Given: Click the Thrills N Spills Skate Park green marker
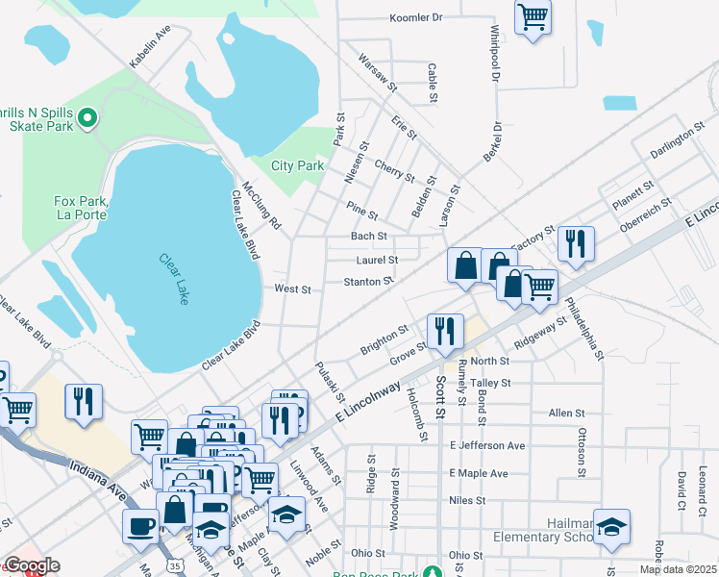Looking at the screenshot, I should pyautogui.click(x=87, y=117).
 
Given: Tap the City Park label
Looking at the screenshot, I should pyautogui.click(x=297, y=165).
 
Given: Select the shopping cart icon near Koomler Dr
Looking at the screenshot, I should pyautogui.click(x=533, y=17).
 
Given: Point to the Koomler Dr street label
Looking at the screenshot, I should pyautogui.click(x=415, y=17).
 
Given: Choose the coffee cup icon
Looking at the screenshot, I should pyautogui.click(x=141, y=526).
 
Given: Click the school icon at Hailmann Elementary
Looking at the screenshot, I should pyautogui.click(x=611, y=526).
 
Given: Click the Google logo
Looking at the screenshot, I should pyautogui.click(x=31, y=565).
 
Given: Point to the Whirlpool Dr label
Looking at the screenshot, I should pyautogui.click(x=494, y=47).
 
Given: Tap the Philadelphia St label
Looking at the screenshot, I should pyautogui.click(x=584, y=328).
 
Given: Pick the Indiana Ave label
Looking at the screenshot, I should pyautogui.click(x=97, y=477).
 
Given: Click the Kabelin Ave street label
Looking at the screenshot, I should pyautogui.click(x=150, y=46).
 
